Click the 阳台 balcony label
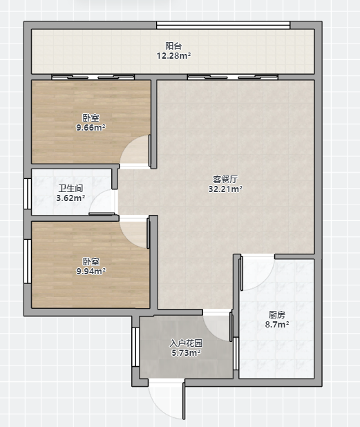point(173,46)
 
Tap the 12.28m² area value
point(173,56)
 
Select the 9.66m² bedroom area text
point(91,127)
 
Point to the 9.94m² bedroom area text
point(91,272)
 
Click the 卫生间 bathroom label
point(70,188)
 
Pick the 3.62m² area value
point(70,198)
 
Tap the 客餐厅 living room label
point(225,179)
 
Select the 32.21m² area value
point(225,189)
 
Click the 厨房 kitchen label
point(277,315)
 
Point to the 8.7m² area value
point(277,325)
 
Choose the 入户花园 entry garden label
point(187,343)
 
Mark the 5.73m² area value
point(187,353)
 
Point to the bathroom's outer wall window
point(28,194)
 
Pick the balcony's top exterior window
point(223,26)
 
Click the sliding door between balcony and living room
point(233,77)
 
